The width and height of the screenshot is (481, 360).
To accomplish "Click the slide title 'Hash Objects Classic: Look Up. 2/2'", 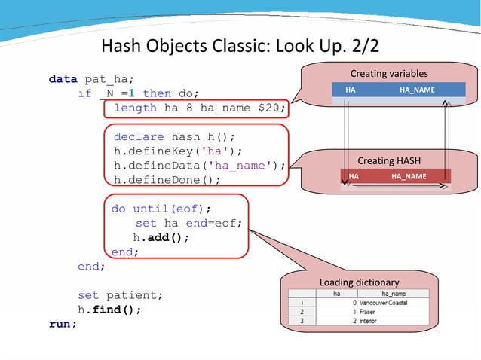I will (240, 47).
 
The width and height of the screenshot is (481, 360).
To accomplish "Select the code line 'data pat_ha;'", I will (91, 78).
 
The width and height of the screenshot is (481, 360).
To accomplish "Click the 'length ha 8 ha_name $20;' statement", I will (199, 108).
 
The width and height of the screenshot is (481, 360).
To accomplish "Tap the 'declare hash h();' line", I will (174, 136).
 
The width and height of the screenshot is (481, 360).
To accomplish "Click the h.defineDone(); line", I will (167, 180).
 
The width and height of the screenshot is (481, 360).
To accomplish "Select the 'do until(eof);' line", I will (161, 209).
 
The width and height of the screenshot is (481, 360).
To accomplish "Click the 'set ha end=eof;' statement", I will (188, 223).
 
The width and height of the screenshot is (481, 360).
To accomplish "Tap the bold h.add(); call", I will (161, 237).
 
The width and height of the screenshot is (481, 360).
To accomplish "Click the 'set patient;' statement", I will (120, 294).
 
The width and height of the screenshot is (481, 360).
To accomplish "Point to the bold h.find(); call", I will (109, 309).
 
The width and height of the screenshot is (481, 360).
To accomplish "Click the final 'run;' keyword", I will (63, 324).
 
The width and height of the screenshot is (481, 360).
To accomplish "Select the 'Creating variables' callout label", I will (388, 74).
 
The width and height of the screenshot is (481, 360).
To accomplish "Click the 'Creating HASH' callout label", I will (388, 160).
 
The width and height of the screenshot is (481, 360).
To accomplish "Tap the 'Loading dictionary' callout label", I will (359, 282).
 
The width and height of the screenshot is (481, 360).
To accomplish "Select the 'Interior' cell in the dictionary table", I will (368, 320).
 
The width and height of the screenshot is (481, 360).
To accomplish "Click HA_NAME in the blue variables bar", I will (416, 90).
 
